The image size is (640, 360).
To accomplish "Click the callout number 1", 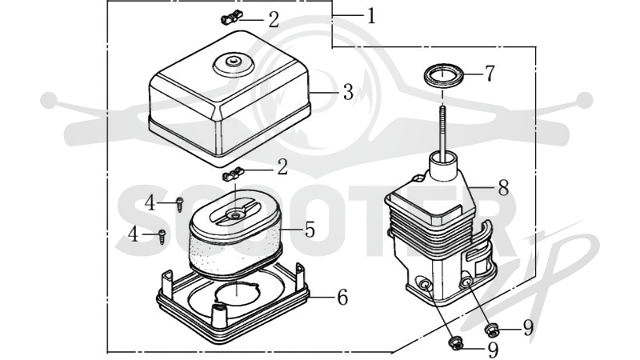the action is pyautogui.click(x=371, y=16).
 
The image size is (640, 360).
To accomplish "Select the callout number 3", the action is pyautogui.click(x=348, y=92).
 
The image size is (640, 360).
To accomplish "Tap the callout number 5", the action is pyautogui.click(x=310, y=230).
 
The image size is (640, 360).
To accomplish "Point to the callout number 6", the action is pyautogui.click(x=342, y=297).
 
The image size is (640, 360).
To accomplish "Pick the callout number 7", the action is pyautogui.click(x=490, y=74).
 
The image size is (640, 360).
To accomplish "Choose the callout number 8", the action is pyautogui.click(x=503, y=188).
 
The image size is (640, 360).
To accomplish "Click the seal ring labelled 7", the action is pyautogui.click(x=444, y=75).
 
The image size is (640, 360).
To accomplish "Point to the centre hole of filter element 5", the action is pyautogui.click(x=235, y=214).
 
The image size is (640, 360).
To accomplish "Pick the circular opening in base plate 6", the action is pyautogui.click(x=237, y=293).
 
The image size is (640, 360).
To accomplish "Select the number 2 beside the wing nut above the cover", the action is pyautogui.click(x=274, y=19).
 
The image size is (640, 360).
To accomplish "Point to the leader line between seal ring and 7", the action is pyautogui.click(x=474, y=74).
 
